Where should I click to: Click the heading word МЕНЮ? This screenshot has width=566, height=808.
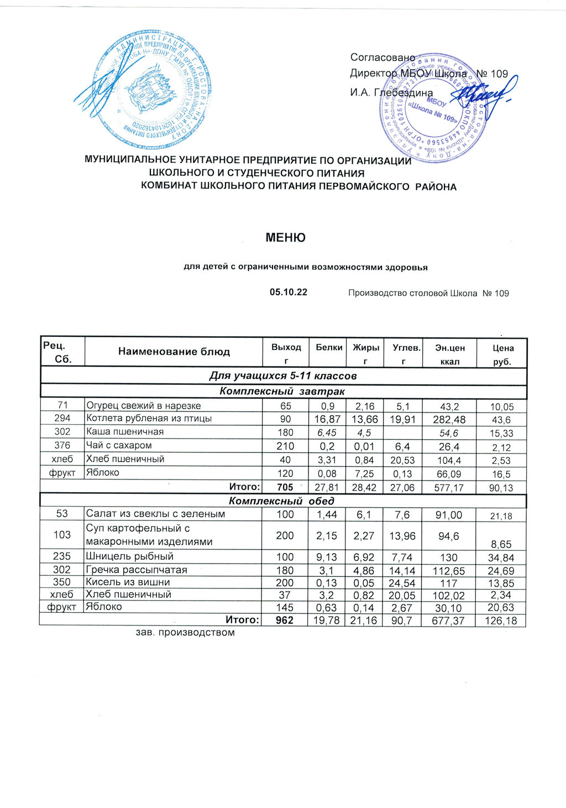285,238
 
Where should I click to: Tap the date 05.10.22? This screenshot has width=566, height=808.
288,293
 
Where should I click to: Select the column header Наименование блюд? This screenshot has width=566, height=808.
174,352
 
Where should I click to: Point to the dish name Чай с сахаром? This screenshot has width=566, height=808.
119,445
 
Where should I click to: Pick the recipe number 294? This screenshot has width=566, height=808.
62,419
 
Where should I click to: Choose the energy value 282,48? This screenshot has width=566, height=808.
448,419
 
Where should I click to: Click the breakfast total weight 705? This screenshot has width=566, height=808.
285,487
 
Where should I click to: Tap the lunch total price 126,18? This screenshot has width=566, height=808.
500,621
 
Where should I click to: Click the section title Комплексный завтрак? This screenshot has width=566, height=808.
282,392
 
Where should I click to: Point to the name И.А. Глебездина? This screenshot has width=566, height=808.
391,92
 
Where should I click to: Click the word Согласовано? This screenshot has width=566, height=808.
382,58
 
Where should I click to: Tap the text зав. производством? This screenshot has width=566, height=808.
185,632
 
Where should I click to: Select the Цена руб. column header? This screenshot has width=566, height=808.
503,355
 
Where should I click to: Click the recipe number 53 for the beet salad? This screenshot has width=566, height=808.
62,514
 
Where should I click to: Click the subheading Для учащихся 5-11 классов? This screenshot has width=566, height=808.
282,376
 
